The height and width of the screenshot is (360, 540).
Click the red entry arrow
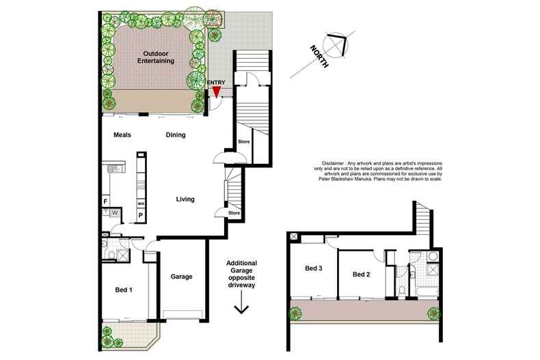pyautogui.click(x=216, y=94)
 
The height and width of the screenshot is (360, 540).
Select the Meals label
pyautogui.click(x=122, y=135)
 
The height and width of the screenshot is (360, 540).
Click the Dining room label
pyautogui.click(x=176, y=135)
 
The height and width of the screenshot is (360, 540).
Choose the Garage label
pyautogui.click(x=182, y=277)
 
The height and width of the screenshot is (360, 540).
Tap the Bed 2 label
pyautogui.click(x=361, y=275)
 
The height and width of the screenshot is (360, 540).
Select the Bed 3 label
pyautogui.click(x=313, y=268)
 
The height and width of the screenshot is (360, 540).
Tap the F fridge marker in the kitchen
pyautogui.click(x=105, y=201)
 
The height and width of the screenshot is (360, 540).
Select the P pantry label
pyautogui.click(x=141, y=216)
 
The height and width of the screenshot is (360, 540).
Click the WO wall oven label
pyautogui.click(x=141, y=204)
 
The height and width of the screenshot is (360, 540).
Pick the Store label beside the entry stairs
pyautogui.click(x=243, y=141)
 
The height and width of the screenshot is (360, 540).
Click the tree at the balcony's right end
pyautogui.click(x=433, y=314)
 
